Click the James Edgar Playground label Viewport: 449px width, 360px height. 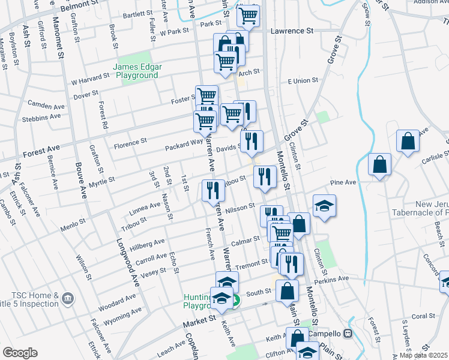[136, 71]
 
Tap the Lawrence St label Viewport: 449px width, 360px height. [292, 31]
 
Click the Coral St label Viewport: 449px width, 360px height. [423, 316]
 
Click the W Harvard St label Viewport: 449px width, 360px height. [90, 77]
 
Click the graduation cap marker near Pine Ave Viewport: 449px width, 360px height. [324, 205]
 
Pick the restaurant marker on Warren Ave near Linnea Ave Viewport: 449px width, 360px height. [213, 191]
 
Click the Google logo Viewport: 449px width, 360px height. [20, 353]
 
